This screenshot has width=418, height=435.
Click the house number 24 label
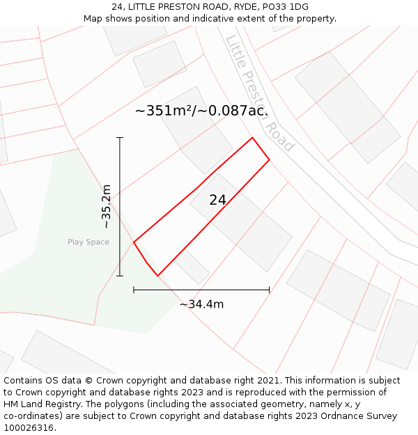click(x=217, y=200)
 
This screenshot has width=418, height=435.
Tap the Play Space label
click(x=88, y=242)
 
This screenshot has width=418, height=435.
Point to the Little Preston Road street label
click(x=260, y=94)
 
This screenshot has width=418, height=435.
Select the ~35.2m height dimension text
click(x=106, y=207)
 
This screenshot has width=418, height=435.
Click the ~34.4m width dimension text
click(x=201, y=304)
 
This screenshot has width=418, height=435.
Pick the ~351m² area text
click(x=201, y=111)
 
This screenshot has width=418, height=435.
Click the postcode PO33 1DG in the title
click(x=290, y=7)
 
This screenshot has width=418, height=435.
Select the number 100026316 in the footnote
click(x=29, y=428)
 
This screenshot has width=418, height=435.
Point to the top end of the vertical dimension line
click(x=120, y=138)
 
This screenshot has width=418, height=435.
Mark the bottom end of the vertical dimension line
click(x=120, y=276)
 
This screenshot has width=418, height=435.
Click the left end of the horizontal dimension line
click(x=134, y=290)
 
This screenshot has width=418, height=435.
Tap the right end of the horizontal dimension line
click(x=269, y=290)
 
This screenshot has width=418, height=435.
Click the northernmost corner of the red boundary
click(x=252, y=138)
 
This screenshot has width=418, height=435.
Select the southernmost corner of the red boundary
click(x=158, y=276)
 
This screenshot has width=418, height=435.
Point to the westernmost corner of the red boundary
click(x=134, y=242)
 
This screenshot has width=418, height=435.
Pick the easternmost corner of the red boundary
click(x=269, y=161)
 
